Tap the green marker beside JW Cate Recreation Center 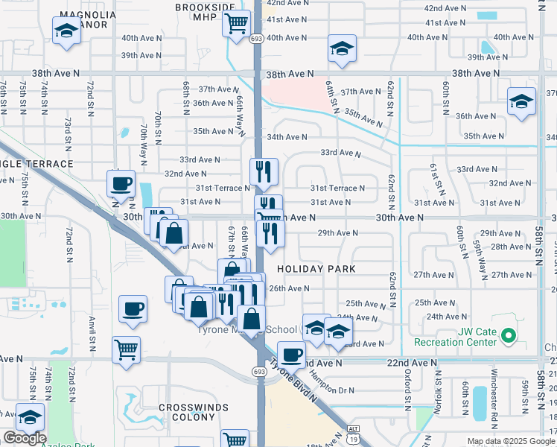click(x=509, y=336)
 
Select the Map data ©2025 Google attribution click(x=511, y=441)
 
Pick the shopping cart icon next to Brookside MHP click(x=235, y=24)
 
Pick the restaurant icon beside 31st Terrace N click(x=264, y=172)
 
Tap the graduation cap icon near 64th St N click(x=342, y=49)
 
